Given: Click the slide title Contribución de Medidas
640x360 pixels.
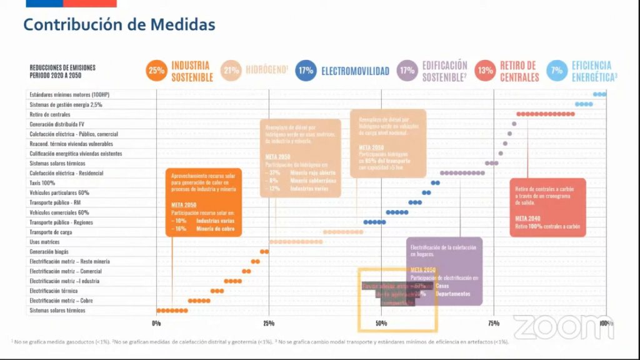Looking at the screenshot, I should pyautogui.click(x=119, y=24).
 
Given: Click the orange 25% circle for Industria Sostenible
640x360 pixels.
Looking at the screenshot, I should pyautogui.click(x=156, y=71).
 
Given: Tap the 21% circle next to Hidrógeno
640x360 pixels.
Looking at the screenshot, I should pyautogui.click(x=231, y=71).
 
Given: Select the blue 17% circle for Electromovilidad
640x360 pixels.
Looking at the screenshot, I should pyautogui.click(x=306, y=71).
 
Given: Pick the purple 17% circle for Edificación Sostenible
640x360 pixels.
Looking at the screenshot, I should pyautogui.click(x=407, y=71).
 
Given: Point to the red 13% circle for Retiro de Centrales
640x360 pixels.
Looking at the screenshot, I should pyautogui.click(x=485, y=71).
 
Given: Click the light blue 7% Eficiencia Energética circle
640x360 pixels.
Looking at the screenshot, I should pyautogui.click(x=556, y=71).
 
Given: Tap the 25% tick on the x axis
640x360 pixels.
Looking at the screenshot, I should pyautogui.click(x=269, y=323).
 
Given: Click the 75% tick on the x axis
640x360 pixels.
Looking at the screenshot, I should pyautogui.click(x=494, y=323).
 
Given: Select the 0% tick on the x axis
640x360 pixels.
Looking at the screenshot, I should pyautogui.click(x=156, y=323).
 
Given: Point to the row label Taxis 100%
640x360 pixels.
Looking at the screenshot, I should pyautogui.click(x=42, y=183).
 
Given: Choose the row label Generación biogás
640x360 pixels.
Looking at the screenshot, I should pyautogui.click(x=50, y=252).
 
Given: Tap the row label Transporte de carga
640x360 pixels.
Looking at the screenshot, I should pyautogui.click(x=51, y=232).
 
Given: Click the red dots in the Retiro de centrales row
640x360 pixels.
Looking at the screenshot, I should pyautogui.click(x=546, y=114).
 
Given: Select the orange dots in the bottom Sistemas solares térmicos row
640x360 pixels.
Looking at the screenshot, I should pyautogui.click(x=172, y=311).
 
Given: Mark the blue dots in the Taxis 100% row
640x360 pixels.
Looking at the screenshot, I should pyautogui.click(x=436, y=183).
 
